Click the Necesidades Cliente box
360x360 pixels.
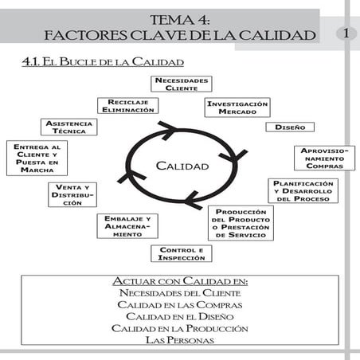coord(182,84)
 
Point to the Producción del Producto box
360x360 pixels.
coord(241,222)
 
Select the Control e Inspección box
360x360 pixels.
coord(182,253)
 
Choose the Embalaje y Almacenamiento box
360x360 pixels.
coord(127,226)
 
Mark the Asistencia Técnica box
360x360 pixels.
coord(68,127)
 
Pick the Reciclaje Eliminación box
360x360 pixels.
coord(126,106)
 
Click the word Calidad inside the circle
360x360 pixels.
coord(182,166)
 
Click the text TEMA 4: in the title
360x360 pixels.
coord(180,19)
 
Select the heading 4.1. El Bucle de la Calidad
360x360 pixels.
coord(104,61)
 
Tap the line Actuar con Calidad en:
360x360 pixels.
coord(181,282)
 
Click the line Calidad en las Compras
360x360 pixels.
coord(181,305)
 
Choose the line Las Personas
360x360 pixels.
coord(181,339)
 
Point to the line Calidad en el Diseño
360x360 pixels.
coord(181,316)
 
